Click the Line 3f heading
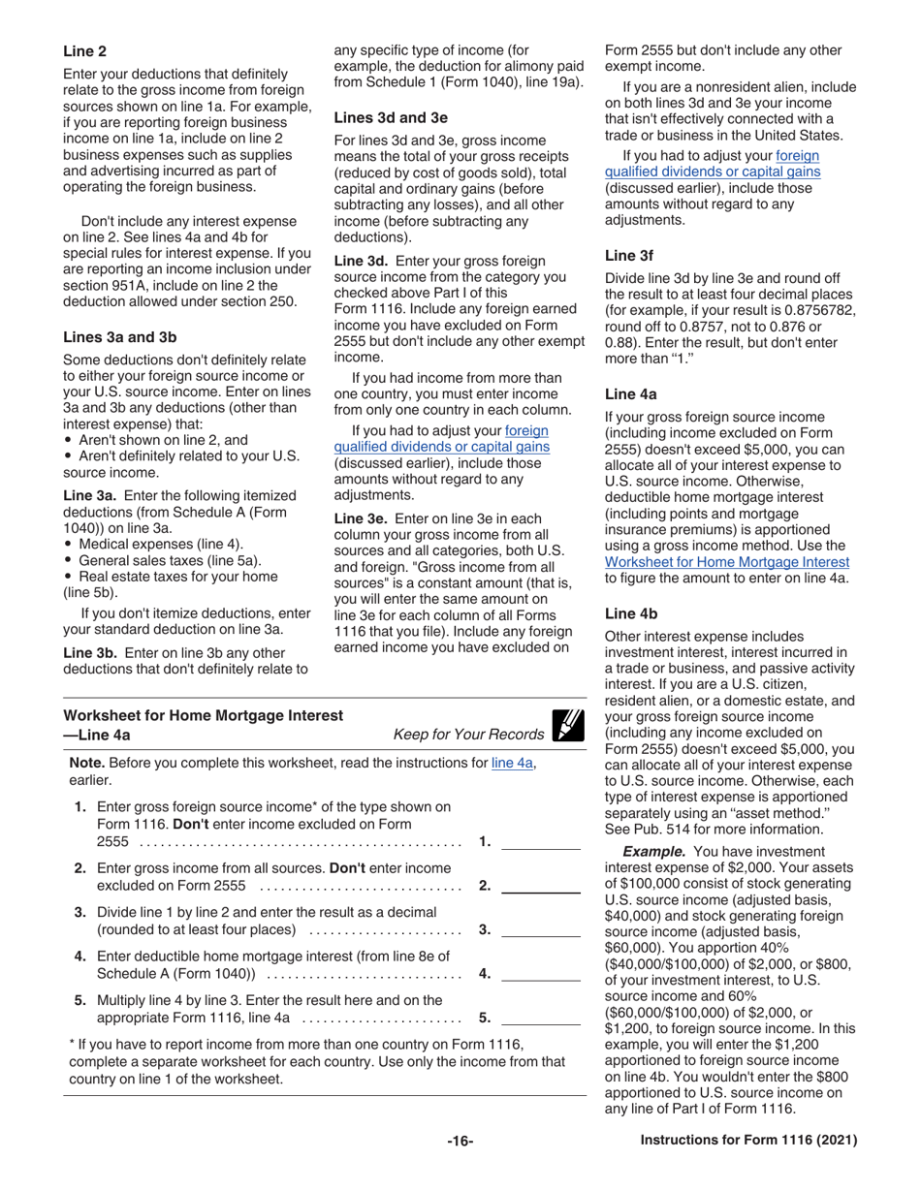(x=629, y=256)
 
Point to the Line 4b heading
(x=631, y=613)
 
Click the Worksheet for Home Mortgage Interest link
(x=726, y=561)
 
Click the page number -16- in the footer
(x=460, y=1142)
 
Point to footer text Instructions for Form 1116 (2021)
(x=748, y=1142)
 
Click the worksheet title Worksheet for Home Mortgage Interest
(x=203, y=715)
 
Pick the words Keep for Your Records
(x=468, y=735)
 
